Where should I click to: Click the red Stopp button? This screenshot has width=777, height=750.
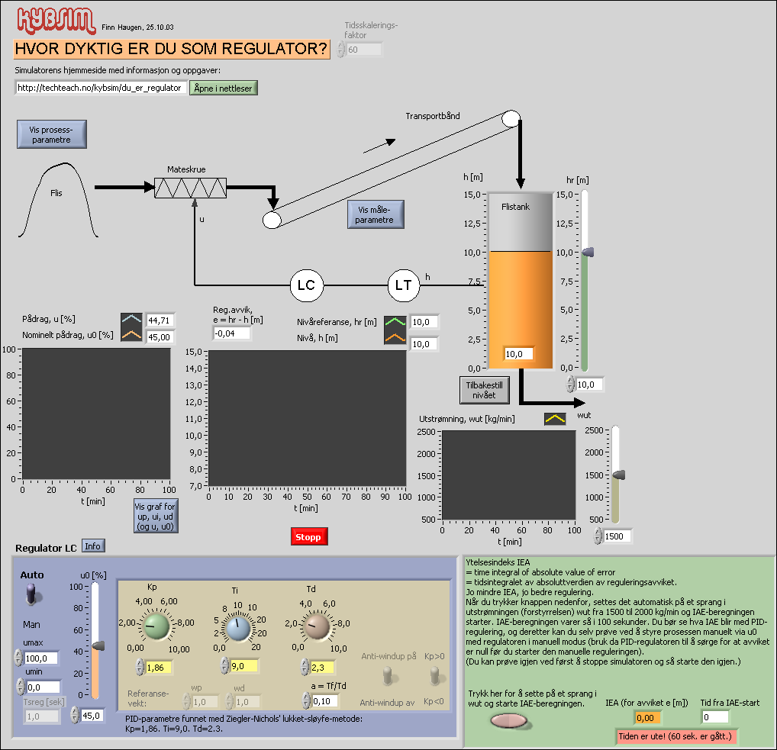tap(308, 537)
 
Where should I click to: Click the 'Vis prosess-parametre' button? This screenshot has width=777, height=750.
tap(51, 134)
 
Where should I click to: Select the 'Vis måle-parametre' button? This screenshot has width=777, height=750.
tap(375, 214)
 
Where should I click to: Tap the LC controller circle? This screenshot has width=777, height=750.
tap(306, 286)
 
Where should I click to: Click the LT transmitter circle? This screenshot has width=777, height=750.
tap(403, 286)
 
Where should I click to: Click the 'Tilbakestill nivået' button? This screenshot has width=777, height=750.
tap(484, 390)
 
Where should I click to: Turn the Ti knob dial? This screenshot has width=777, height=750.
tap(237, 629)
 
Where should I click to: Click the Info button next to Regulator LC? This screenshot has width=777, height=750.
tap(93, 546)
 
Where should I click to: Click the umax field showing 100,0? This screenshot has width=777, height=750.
tap(42, 658)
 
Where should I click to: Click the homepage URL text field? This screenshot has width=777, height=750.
tap(100, 88)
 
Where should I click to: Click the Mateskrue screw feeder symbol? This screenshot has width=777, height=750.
tap(190, 188)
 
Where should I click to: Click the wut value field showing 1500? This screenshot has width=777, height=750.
tap(617, 536)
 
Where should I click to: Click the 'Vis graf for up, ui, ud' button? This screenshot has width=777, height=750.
tap(155, 517)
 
